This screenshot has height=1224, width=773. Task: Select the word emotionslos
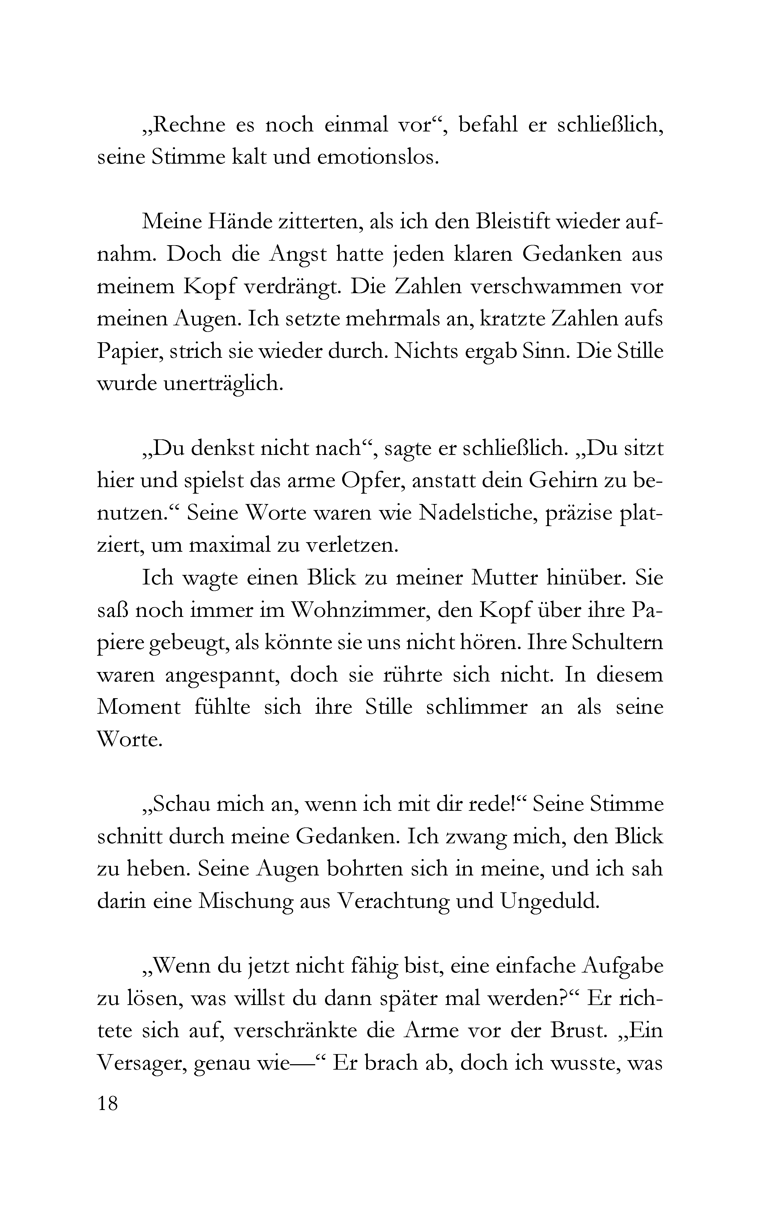pos(378,158)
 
